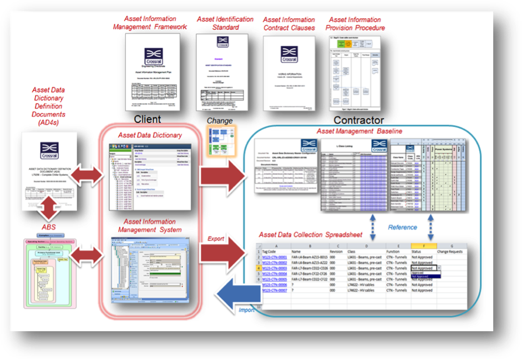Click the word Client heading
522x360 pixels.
pos(148,119)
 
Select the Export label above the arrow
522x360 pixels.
pos(216,239)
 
